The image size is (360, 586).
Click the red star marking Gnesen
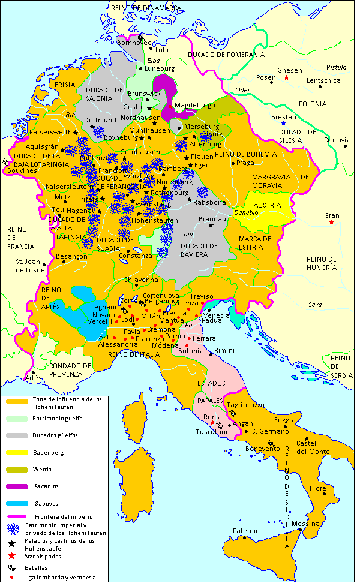pyautogui.click(x=287, y=78)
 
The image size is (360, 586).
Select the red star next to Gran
pyautogui.click(x=331, y=223)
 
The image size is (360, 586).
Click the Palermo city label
pyautogui.click(x=246, y=531)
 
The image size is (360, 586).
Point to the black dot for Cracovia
pyautogui.click(x=346, y=146)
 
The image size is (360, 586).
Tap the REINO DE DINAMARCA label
pyautogui.click(x=146, y=7)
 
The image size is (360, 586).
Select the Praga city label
pyautogui.click(x=246, y=163)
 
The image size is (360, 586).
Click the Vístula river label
pyautogui.click(x=336, y=67)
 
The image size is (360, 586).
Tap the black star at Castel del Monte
pyautogui.click(x=307, y=438)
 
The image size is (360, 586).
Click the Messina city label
pyautogui.click(x=305, y=524)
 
